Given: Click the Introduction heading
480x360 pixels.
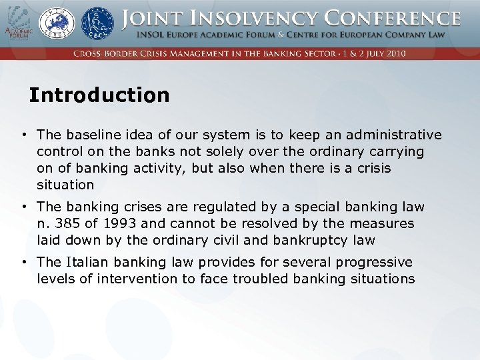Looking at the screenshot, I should pos(99,95).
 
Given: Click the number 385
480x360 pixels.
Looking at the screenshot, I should pos(68,223).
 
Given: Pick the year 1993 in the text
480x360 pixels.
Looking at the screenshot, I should pos(117,223).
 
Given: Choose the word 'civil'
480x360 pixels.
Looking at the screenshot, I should pos(240,240).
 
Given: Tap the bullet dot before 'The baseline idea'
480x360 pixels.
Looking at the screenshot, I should pos(24,135).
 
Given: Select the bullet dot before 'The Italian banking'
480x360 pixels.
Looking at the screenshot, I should pos(24,262).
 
